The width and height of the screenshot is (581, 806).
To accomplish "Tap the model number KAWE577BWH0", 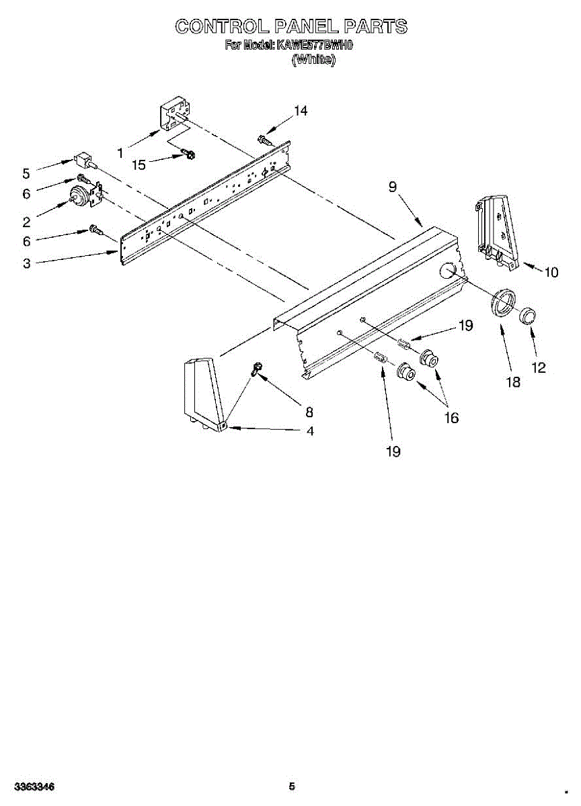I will pyautogui.click(x=315, y=46).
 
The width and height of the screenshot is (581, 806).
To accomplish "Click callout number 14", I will pyautogui.click(x=301, y=111).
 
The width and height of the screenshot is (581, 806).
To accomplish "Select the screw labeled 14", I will pyautogui.click(x=263, y=140).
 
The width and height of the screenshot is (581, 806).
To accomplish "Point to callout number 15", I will pyautogui.click(x=139, y=165).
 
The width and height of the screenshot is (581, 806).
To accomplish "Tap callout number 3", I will pyautogui.click(x=26, y=264).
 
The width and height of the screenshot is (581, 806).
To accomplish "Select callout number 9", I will pyautogui.click(x=392, y=187).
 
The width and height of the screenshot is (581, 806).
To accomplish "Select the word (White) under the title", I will pyautogui.click(x=313, y=59).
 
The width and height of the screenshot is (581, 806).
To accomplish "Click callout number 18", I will pyautogui.click(x=513, y=382).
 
